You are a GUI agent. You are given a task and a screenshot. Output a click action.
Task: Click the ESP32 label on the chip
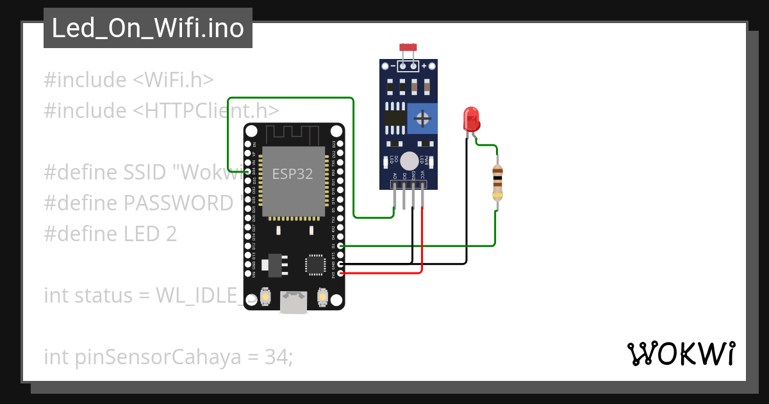tap(292, 174)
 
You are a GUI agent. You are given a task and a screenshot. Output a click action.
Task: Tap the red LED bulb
tap(471, 119)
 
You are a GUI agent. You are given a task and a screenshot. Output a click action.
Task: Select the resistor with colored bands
tap(497, 182)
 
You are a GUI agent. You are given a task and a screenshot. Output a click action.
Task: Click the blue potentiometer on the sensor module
tap(422, 119)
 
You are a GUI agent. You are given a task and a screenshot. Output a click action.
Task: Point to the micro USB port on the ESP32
tap(294, 303)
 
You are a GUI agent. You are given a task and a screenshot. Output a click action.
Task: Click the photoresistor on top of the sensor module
tap(408, 47)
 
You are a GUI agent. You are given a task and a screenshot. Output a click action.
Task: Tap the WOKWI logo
tap(681, 354)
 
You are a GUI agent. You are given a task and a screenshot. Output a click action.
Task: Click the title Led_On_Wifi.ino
tap(147, 28)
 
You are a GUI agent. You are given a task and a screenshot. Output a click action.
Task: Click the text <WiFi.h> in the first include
tap(172, 80)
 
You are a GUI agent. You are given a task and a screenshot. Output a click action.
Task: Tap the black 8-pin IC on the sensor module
tap(395, 117)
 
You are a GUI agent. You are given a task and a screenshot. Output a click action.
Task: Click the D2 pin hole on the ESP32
tap(340, 246)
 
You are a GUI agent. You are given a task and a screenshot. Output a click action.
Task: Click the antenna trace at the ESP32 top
tap(293, 134)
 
